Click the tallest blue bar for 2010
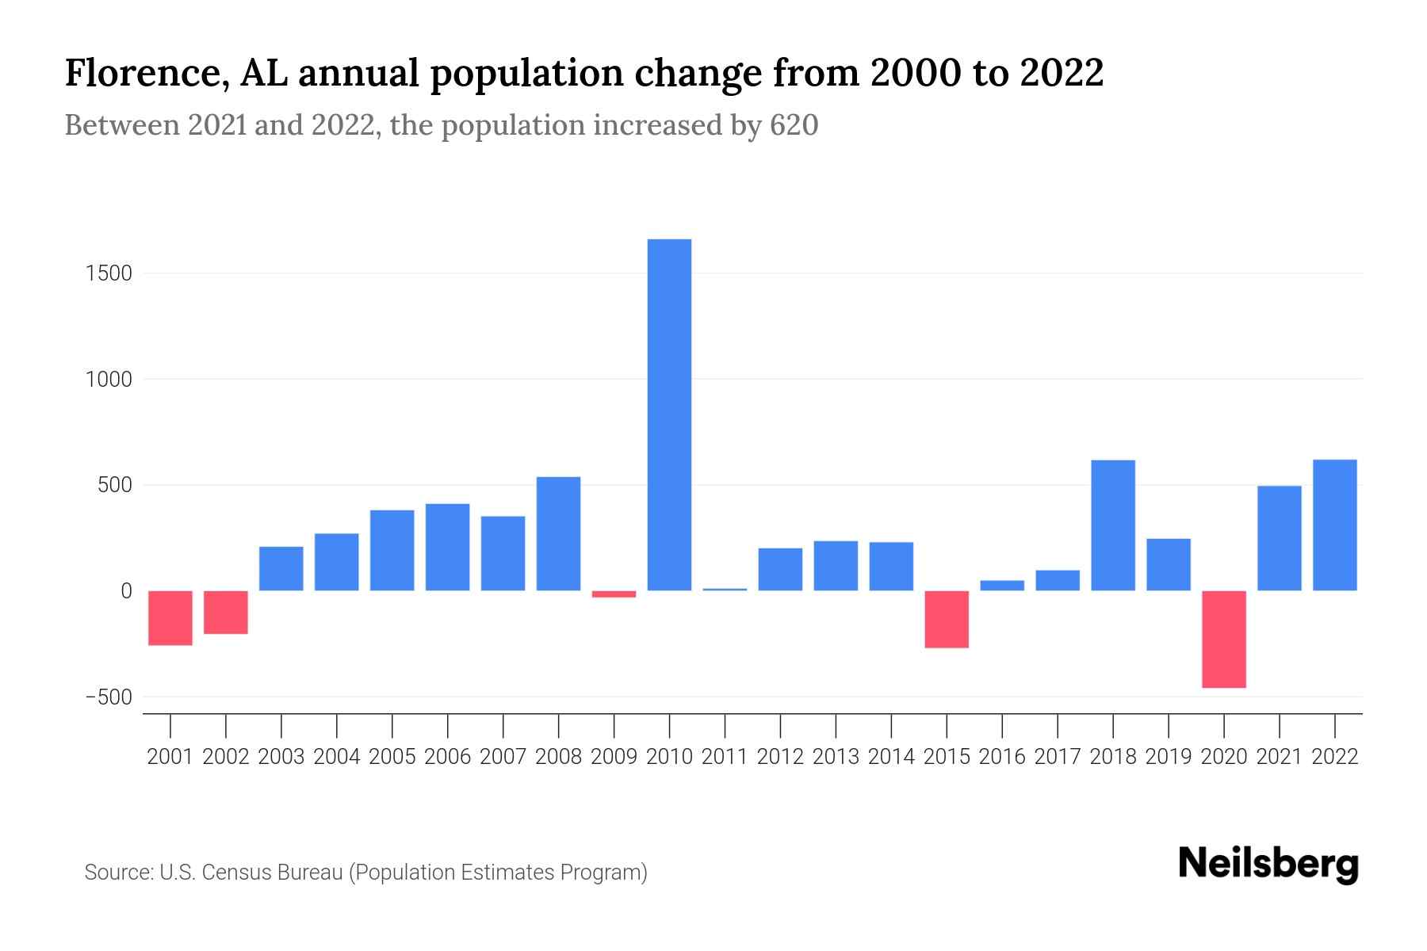pyautogui.click(x=669, y=414)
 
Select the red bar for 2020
pyautogui.click(x=1224, y=639)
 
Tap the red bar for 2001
pyautogui.click(x=170, y=617)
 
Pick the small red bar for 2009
pyautogui.click(x=614, y=594)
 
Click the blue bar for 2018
pyautogui.click(x=1113, y=525)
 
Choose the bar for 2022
pyautogui.click(x=1335, y=525)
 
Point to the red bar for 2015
pyautogui.click(x=947, y=619)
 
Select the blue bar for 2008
pyautogui.click(x=558, y=533)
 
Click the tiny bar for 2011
pyautogui.click(x=725, y=589)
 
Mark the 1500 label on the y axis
pyautogui.click(x=109, y=273)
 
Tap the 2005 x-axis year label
pyautogui.click(x=392, y=757)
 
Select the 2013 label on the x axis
pyautogui.click(x=836, y=757)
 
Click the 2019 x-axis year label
pyautogui.click(x=1169, y=757)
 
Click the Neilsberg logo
pyautogui.click(x=1268, y=864)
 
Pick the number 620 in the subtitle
pyautogui.click(x=794, y=125)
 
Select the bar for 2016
pyautogui.click(x=1002, y=585)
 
